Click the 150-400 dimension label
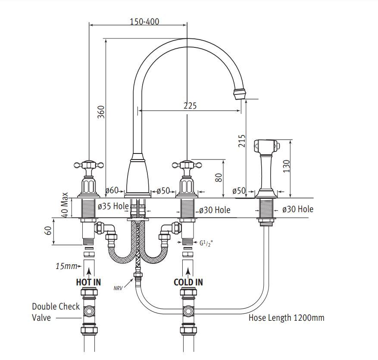(144, 22)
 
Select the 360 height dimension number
(101, 112)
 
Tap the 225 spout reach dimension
(190, 106)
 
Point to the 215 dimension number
(241, 141)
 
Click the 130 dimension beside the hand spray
(286, 166)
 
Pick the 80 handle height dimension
(219, 178)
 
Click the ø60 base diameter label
(112, 190)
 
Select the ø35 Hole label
(113, 206)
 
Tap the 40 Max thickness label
(64, 205)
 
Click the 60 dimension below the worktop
(48, 231)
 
